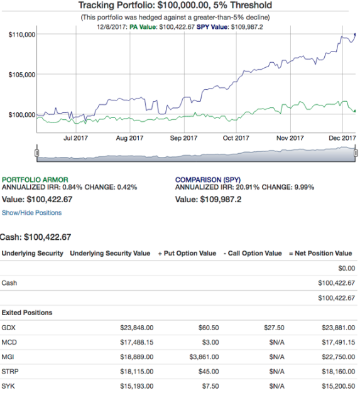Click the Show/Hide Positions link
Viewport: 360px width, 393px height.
[x=31, y=213]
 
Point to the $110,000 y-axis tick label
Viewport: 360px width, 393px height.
[x=22, y=35]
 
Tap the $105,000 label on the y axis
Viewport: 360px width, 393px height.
[x=22, y=75]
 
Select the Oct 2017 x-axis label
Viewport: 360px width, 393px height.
[x=236, y=138]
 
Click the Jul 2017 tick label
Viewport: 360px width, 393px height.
[x=75, y=138]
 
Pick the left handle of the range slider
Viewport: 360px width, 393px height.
[x=37, y=153]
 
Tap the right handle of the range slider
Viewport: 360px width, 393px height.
[x=356, y=153]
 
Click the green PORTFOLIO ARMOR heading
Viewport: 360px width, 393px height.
[x=35, y=180]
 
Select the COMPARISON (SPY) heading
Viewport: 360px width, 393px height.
[x=208, y=180]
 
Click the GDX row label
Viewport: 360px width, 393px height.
[x=8, y=328]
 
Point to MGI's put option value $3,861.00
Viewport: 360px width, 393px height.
[x=204, y=357]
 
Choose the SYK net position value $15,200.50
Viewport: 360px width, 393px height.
[x=339, y=386]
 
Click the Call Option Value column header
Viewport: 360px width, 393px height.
[x=253, y=254]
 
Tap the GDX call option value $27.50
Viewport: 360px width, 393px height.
[x=274, y=328]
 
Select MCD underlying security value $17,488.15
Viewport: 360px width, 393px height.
[x=137, y=342]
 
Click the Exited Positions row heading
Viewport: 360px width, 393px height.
[x=27, y=313]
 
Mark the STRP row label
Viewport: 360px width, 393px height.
[x=10, y=372]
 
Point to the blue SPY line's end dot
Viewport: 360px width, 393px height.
[x=355, y=35]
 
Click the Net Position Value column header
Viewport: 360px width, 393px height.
[x=320, y=254]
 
